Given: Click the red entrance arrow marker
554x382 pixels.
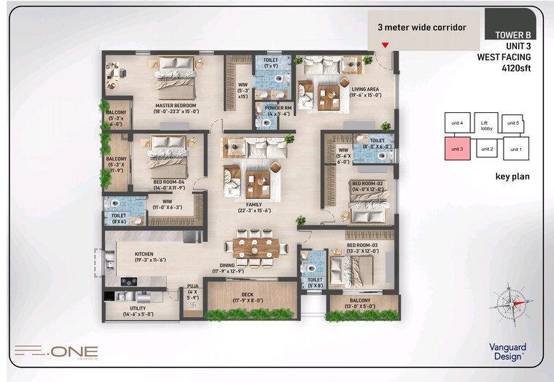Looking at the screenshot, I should pyautogui.click(x=386, y=45).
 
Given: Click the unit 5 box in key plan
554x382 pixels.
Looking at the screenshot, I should pyautogui.click(x=513, y=124).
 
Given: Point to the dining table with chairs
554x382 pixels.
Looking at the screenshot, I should pyautogui.click(x=256, y=248).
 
